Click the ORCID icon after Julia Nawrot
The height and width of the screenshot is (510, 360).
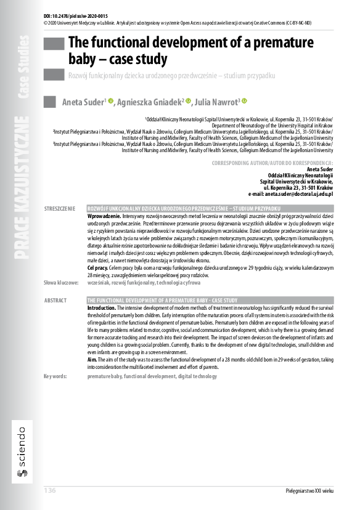click(x=244, y=101)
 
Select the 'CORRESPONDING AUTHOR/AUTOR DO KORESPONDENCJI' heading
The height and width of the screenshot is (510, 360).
click(x=272, y=163)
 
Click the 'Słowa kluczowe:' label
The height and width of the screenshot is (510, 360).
click(x=61, y=282)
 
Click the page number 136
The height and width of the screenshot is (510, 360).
click(x=50, y=490)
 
